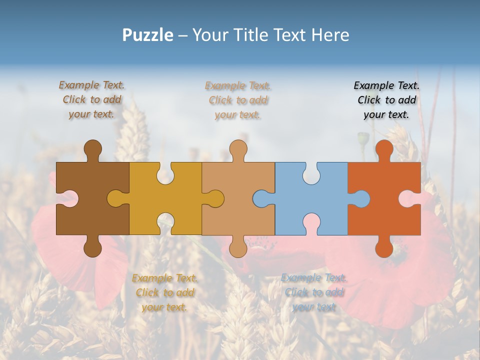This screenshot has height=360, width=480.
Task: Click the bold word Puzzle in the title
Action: point(148,35)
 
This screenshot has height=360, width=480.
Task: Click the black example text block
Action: point(386,100)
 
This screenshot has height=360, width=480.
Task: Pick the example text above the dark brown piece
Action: point(91,99)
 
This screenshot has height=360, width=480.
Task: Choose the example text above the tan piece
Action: point(238,100)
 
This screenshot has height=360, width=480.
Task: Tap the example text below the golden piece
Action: point(164,292)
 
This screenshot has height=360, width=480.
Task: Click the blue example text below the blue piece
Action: point(314,292)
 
